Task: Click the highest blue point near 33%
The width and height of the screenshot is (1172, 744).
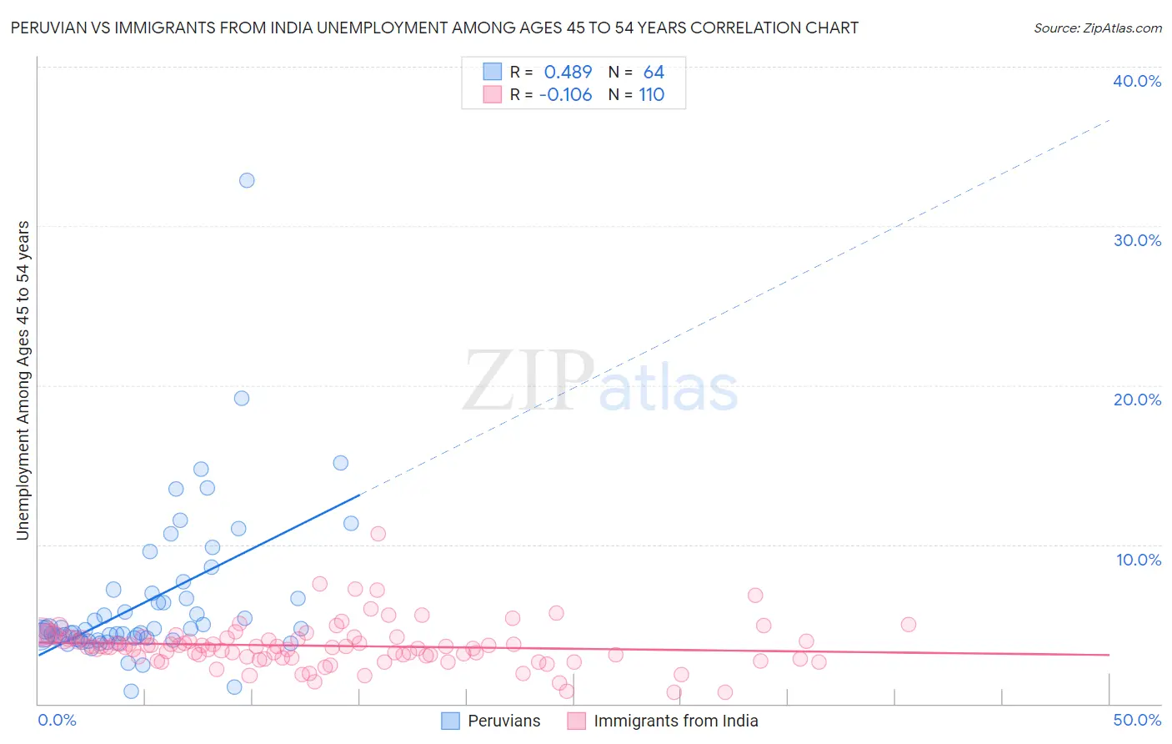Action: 247,180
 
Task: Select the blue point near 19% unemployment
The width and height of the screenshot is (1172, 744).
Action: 242,398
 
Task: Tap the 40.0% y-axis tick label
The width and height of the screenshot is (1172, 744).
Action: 1137,81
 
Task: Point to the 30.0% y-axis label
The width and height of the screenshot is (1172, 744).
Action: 1137,240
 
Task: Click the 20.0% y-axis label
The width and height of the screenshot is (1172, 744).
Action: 1137,400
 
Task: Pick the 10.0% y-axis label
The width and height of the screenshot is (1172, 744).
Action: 1139,560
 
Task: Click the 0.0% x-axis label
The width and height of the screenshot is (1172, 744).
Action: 57,720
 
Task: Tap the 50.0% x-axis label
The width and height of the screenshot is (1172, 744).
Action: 1137,720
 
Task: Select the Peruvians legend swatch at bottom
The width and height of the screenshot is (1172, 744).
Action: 450,721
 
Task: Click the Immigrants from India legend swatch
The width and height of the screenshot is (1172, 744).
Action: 577,721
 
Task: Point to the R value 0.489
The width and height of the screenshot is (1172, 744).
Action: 568,73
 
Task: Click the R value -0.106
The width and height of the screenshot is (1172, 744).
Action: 566,95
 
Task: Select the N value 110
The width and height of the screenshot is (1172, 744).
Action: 652,95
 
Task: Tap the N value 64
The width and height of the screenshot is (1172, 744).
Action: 654,73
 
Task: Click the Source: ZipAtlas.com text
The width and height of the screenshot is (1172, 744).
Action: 1097,28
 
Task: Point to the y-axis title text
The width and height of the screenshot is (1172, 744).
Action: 23,380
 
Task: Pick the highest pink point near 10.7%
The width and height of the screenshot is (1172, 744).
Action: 378,534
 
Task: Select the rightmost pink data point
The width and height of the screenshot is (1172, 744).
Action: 909,625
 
